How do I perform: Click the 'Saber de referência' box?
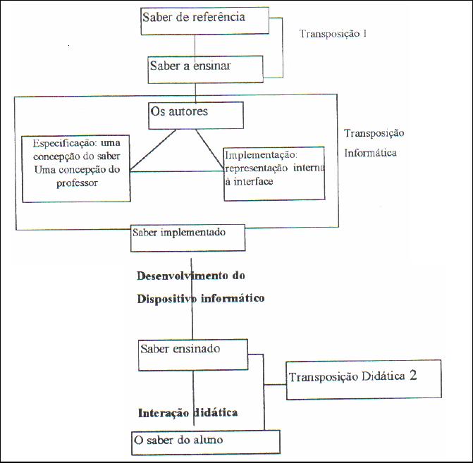[204, 20]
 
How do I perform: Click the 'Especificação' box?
[75, 168]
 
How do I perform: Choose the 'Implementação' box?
[274, 173]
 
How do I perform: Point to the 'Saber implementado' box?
[188, 238]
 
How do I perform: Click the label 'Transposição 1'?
[333, 33]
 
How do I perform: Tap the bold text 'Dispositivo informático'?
[200, 298]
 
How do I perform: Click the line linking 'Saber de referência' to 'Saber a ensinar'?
[195, 45]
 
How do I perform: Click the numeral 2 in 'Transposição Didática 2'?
[413, 376]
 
